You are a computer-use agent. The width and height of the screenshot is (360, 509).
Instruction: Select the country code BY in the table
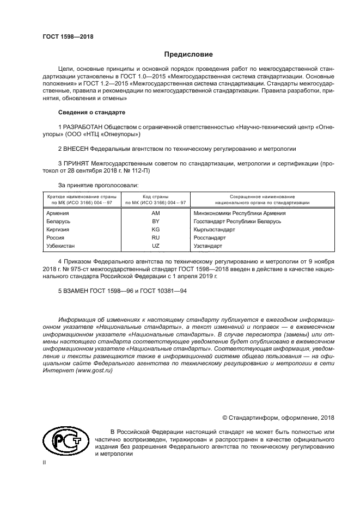155,222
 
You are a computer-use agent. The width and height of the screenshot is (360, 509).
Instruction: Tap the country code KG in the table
155,230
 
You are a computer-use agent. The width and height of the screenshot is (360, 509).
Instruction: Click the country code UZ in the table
155,246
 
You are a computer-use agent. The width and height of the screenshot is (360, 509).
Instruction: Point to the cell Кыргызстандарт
215,230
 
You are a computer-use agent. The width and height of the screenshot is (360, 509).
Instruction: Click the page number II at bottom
45,461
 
